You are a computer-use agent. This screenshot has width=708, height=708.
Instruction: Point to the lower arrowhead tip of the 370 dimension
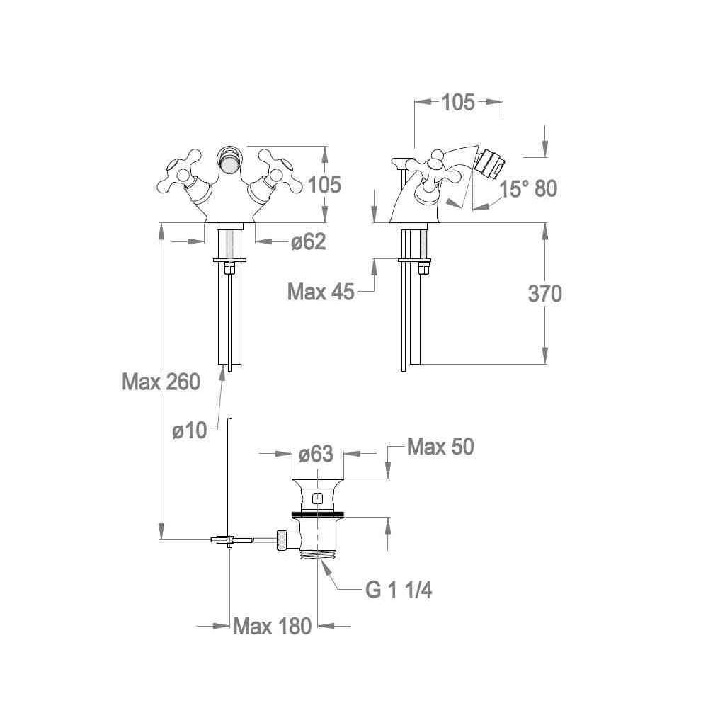pyautogui.click(x=545, y=364)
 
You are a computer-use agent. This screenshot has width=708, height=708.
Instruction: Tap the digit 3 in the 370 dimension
pyautogui.click(x=534, y=294)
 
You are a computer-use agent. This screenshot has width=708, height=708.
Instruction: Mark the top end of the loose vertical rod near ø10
pyautogui.click(x=230, y=418)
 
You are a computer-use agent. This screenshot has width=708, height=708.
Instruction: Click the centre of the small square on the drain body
pyautogui.click(x=318, y=499)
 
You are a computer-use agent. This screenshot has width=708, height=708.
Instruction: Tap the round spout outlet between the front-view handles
pyautogui.click(x=230, y=161)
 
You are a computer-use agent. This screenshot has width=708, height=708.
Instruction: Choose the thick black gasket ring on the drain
pyautogui.click(x=318, y=514)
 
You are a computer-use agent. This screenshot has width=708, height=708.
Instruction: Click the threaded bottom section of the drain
pyautogui.click(x=319, y=554)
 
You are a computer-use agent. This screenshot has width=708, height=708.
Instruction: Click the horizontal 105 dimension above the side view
pyautogui.click(x=458, y=103)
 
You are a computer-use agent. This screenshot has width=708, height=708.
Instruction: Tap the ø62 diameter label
pyautogui.click(x=309, y=242)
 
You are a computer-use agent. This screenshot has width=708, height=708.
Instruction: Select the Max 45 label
pyautogui.click(x=321, y=292)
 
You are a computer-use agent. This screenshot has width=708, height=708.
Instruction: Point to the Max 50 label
pyautogui.click(x=440, y=447)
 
